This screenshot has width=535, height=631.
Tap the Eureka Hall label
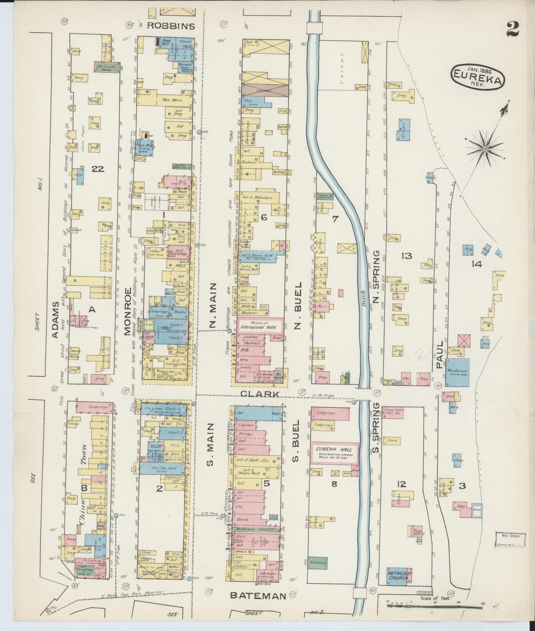333,450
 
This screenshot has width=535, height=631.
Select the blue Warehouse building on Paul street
457,373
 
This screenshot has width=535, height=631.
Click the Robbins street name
171,26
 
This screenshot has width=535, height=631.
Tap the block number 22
98,169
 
